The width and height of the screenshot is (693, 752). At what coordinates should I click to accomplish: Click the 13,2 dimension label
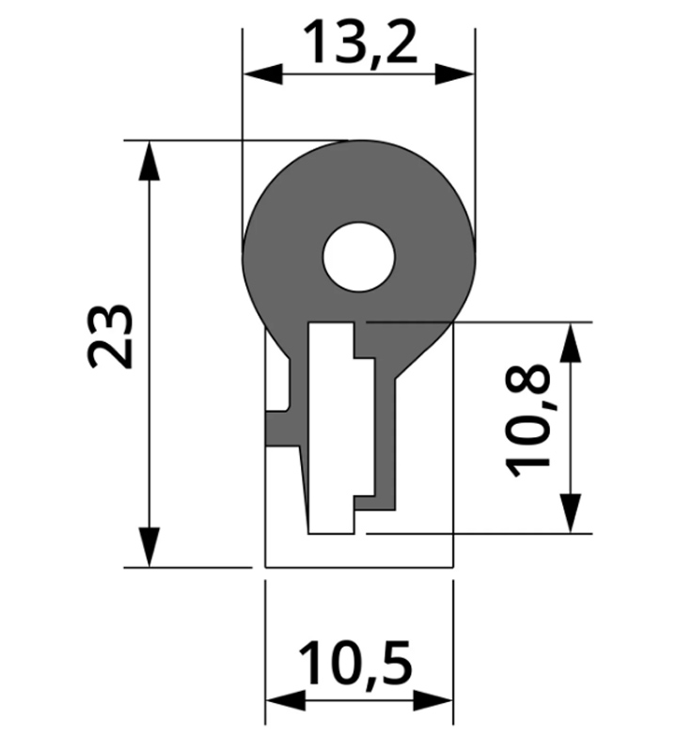pyautogui.click(x=360, y=42)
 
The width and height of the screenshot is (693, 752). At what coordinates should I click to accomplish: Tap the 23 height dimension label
pyautogui.click(x=110, y=336)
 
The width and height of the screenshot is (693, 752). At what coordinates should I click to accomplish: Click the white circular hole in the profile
pyautogui.click(x=359, y=257)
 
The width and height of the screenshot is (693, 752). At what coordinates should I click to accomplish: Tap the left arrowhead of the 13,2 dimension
pyautogui.click(x=262, y=75)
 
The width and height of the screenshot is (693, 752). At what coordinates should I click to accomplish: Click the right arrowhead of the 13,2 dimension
pyautogui.click(x=455, y=75)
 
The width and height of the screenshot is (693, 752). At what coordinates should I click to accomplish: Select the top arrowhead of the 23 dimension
pyautogui.click(x=150, y=161)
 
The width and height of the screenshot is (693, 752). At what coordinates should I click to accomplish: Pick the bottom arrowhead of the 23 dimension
pyautogui.click(x=150, y=547)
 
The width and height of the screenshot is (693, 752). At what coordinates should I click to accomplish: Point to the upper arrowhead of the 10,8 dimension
pyautogui.click(x=570, y=342)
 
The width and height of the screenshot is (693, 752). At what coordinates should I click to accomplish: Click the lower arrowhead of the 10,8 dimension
pyautogui.click(x=570, y=513)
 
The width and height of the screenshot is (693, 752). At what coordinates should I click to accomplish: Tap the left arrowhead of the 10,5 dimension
pyautogui.click(x=286, y=700)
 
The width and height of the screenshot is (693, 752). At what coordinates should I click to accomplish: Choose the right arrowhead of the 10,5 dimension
pyautogui.click(x=433, y=700)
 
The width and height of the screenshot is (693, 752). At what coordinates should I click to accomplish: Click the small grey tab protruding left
pyautogui.click(x=283, y=429)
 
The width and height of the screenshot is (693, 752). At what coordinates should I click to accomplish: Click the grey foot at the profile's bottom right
pyautogui.click(x=374, y=503)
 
